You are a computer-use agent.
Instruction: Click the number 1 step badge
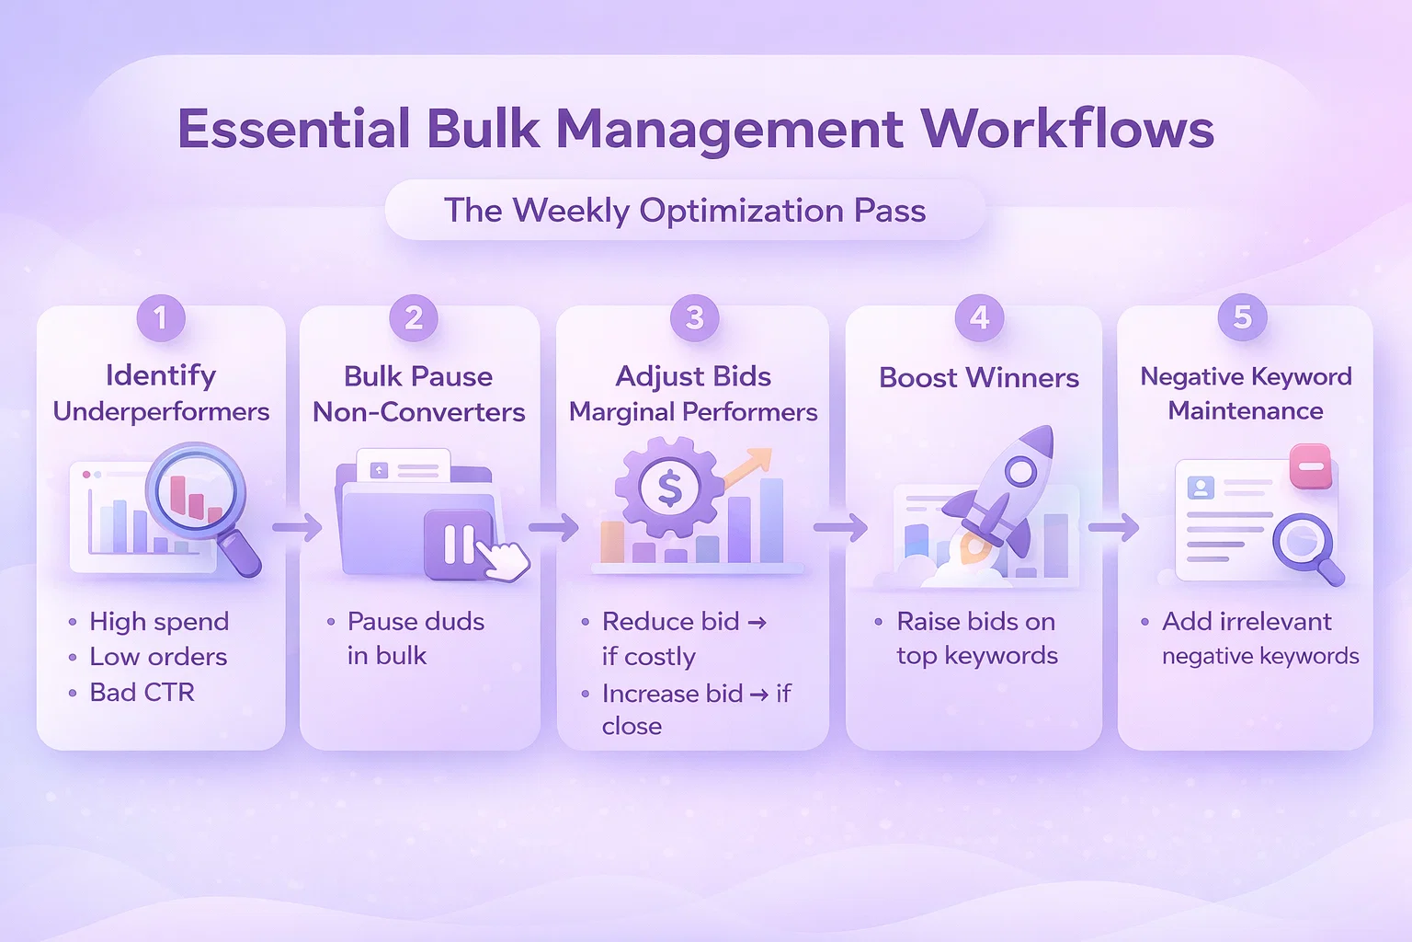pyautogui.click(x=161, y=318)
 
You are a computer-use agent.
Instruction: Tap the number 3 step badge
pyautogui.click(x=694, y=318)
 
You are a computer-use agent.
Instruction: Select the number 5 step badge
pyautogui.click(x=1242, y=318)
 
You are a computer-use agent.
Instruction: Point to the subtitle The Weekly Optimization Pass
pyautogui.click(x=685, y=211)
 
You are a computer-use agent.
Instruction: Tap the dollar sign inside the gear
pyautogui.click(x=669, y=489)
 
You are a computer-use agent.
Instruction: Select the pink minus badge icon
pyautogui.click(x=1310, y=465)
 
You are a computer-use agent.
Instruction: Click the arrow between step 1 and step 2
pyautogui.click(x=297, y=528)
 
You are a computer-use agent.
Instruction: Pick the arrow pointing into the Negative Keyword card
pyautogui.click(x=1113, y=528)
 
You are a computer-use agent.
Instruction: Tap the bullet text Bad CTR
pyautogui.click(x=142, y=692)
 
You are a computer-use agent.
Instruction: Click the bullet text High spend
pyautogui.click(x=159, y=622)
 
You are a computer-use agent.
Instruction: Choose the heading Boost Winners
pyautogui.click(x=978, y=377)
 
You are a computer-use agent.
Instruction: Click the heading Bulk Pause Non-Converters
pyautogui.click(x=418, y=394)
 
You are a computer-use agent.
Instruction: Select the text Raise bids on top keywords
pyautogui.click(x=976, y=638)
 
